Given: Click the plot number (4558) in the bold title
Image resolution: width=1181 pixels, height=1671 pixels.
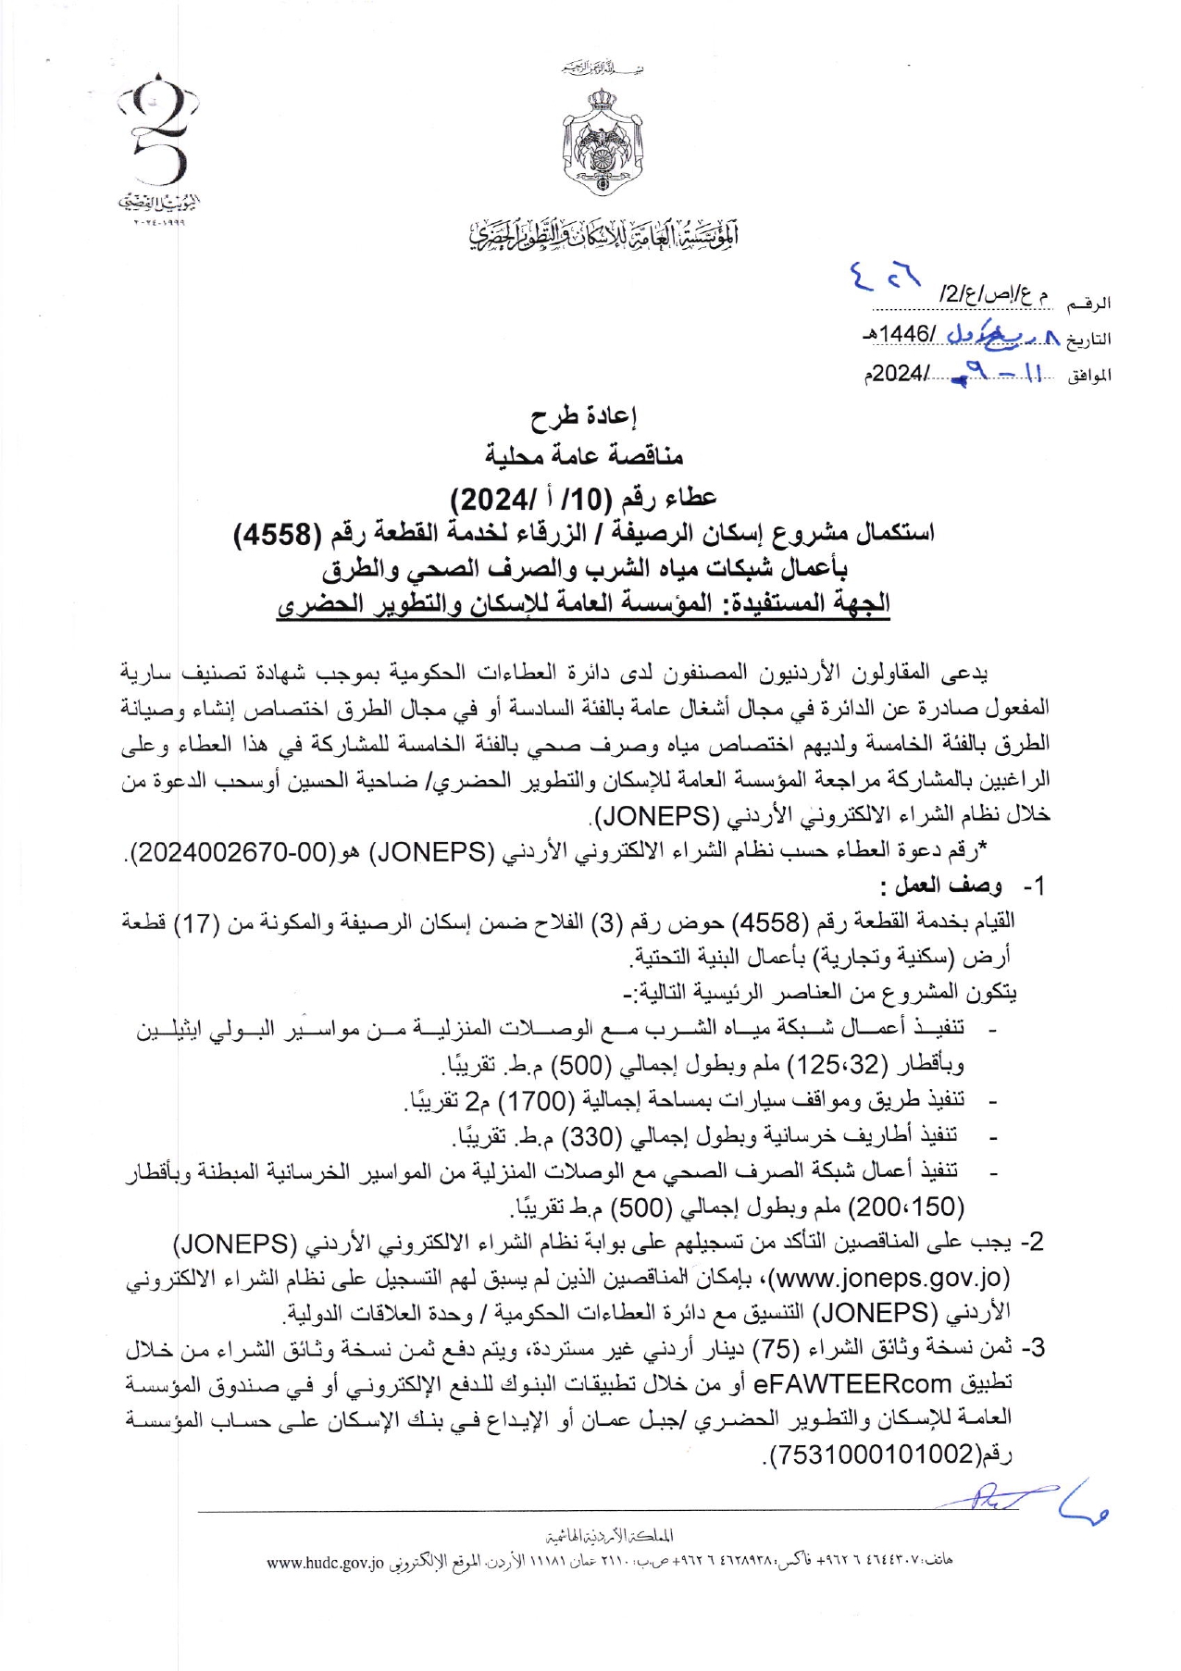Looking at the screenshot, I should [277, 533].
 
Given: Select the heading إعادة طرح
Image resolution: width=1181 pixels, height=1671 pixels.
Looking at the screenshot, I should [583, 418].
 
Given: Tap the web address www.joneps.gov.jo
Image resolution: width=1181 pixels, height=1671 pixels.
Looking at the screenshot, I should [889, 1278].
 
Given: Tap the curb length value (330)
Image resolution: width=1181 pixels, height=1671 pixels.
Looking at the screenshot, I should [588, 1135].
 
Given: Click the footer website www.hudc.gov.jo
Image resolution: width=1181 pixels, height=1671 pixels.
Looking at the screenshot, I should [325, 1563].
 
